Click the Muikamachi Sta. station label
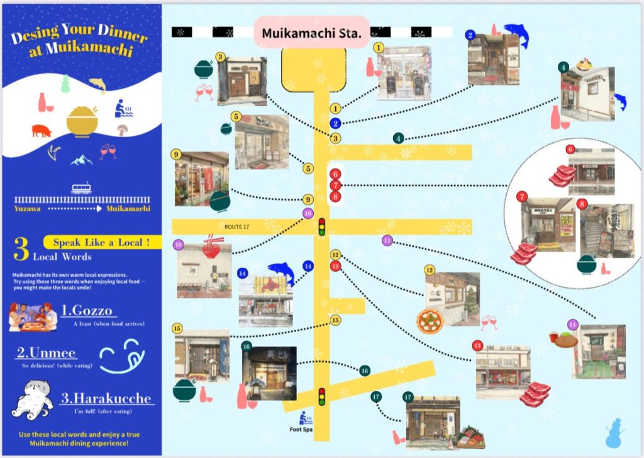311,33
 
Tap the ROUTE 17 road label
237,226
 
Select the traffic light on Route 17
323,226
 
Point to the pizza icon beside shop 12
430,321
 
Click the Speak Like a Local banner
101,242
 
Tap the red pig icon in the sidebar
42,130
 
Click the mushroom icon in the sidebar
121,130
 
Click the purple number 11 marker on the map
387,240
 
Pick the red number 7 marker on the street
335,185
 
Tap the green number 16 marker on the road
365,371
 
